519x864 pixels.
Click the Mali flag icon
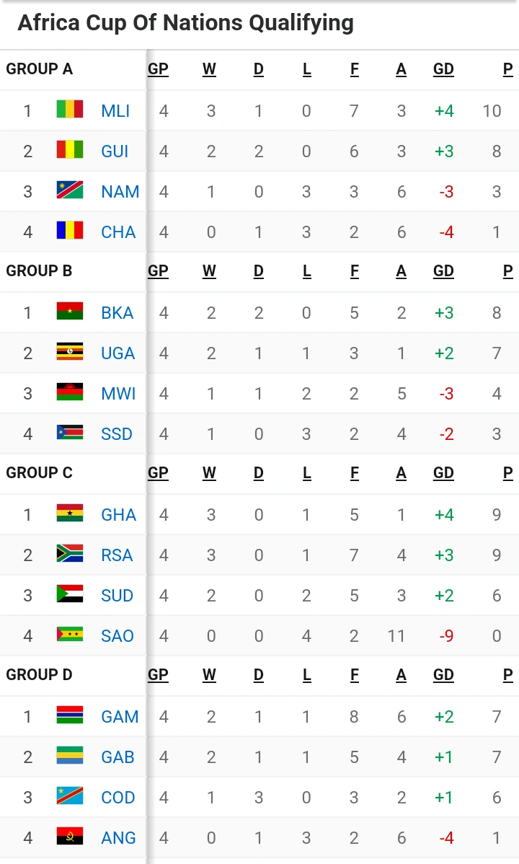(70, 110)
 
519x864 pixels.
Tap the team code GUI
(115, 151)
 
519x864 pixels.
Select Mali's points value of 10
(492, 111)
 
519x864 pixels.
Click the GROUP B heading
(39, 271)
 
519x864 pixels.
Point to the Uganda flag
(70, 353)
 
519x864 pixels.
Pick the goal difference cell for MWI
(446, 394)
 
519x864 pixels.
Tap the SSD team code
(117, 434)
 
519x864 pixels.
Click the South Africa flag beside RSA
(70, 555)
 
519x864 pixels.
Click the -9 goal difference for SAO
(446, 636)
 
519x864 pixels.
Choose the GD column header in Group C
(443, 473)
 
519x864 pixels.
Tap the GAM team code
(120, 717)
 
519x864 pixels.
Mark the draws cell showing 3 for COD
(259, 798)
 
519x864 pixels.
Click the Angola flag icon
(70, 837)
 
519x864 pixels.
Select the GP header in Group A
(158, 69)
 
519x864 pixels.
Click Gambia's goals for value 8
(355, 717)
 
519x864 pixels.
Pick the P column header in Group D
(508, 675)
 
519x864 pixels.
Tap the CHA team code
(118, 232)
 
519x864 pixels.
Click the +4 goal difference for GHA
(443, 515)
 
